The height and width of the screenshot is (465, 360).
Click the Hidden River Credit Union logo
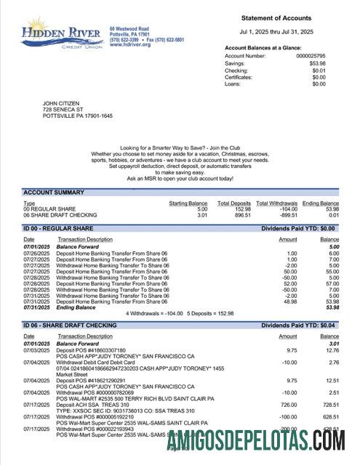click(x=63, y=32)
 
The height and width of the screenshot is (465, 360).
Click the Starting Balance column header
click(x=188, y=203)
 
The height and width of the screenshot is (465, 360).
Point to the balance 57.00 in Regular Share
click(x=332, y=283)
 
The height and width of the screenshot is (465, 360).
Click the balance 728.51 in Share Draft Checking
click(x=329, y=404)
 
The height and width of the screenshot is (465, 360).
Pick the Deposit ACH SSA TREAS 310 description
click(x=93, y=404)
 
